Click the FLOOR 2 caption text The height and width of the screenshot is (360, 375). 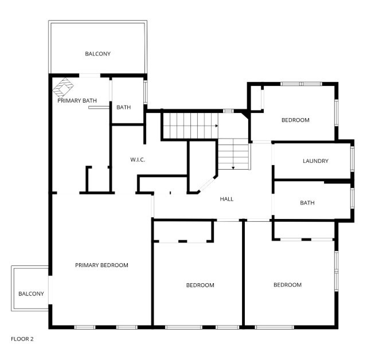click(22, 339)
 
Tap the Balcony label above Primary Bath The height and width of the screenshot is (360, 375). click(97, 54)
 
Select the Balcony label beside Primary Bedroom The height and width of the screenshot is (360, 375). click(31, 294)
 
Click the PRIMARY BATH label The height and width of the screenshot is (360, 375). click(77, 101)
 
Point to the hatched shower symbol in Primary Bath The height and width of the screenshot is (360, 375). click(64, 87)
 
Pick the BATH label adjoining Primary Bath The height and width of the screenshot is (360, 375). click(124, 107)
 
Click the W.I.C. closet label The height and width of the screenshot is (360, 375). click(138, 159)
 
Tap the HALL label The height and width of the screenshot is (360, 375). click(227, 199)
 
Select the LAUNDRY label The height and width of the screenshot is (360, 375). click(315, 161)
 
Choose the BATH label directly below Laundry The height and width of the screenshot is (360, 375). click(307, 202)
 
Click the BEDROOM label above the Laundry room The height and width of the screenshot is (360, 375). click(295, 120)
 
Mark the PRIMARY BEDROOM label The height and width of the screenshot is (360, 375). click(101, 265)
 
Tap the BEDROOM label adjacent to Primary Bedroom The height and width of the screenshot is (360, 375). click(200, 285)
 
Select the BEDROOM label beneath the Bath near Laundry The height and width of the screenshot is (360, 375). click(287, 285)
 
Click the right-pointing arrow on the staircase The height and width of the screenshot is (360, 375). click(216, 126)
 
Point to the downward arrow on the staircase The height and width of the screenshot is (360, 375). click(233, 167)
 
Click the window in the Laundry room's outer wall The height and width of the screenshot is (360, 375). click(352, 161)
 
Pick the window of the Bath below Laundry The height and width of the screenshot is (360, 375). click(352, 200)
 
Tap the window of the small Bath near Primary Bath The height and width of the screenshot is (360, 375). click(146, 93)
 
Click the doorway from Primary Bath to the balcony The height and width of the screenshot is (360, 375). click(89, 76)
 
